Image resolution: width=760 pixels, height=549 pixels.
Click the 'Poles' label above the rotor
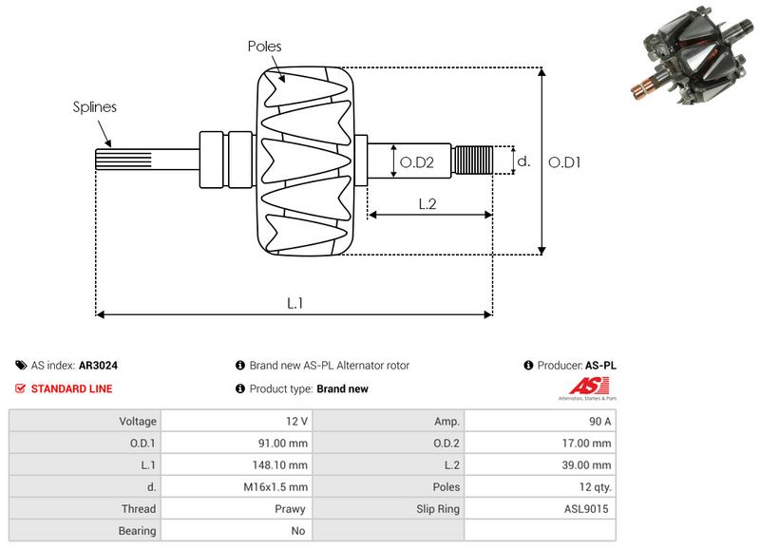[x=264, y=46]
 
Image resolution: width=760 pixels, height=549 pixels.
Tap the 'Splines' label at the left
[x=95, y=107]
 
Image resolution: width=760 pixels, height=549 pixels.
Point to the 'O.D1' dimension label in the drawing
[x=564, y=162]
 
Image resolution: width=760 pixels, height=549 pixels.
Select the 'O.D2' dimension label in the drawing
[x=417, y=163]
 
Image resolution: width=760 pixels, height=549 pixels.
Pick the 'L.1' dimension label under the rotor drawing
[x=295, y=303]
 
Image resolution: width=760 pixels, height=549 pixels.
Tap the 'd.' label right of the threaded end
[x=522, y=162]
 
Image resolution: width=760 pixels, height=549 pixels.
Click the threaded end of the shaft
[x=472, y=161]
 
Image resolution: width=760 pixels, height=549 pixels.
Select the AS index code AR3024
[x=99, y=366]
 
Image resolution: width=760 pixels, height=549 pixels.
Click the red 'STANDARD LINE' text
[x=71, y=388]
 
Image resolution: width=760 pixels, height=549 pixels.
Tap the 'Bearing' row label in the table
[x=139, y=531]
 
